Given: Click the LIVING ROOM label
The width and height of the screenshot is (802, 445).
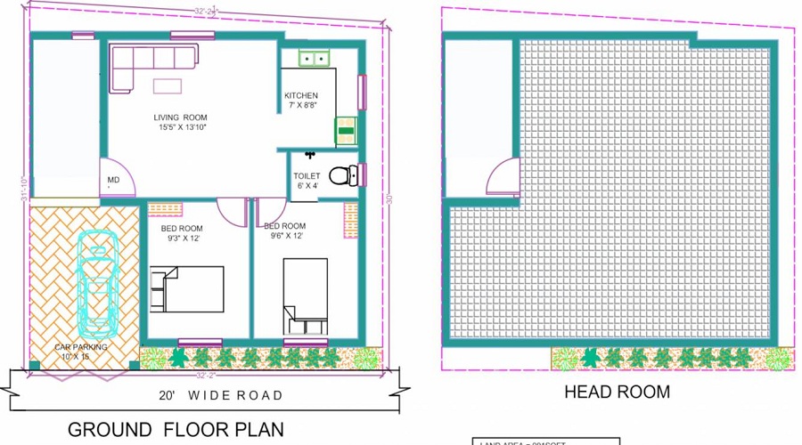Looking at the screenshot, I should point(180,117).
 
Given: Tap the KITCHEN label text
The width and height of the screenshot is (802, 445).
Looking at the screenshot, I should point(300,96).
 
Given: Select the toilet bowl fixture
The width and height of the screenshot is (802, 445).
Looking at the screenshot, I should point(343,174).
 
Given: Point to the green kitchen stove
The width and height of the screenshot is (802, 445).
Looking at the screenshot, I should point(345,131).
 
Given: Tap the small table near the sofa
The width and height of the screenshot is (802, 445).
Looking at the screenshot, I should point(167,85).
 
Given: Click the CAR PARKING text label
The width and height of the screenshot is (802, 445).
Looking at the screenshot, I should point(81,347).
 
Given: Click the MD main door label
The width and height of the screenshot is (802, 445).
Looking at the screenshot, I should point(113,181).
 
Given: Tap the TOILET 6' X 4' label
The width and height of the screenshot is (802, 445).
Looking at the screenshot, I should point(307,181).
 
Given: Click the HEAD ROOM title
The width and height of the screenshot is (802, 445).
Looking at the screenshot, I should point(617,392).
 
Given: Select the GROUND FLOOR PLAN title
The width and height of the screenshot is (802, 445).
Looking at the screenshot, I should point(176,429).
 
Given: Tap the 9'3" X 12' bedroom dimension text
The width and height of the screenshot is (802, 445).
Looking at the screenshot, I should point(183,239).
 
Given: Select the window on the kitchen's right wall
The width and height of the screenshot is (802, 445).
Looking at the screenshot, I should point(362,91).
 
